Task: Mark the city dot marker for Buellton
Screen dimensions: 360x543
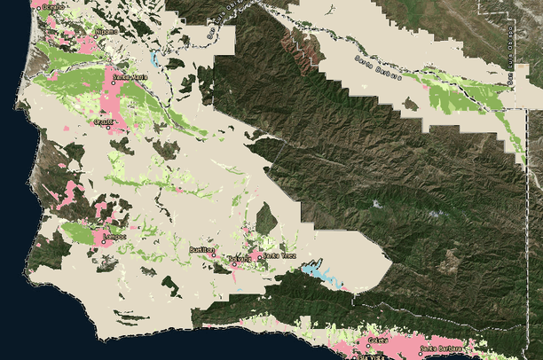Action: (213, 255)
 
